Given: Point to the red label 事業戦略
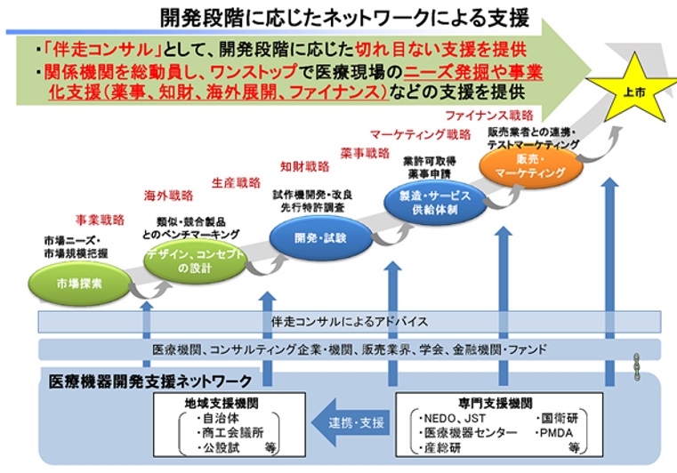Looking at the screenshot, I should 99,218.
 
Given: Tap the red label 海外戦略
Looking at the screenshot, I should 168,196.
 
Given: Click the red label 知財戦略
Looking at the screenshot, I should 304,166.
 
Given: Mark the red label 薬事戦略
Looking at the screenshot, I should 365,153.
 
